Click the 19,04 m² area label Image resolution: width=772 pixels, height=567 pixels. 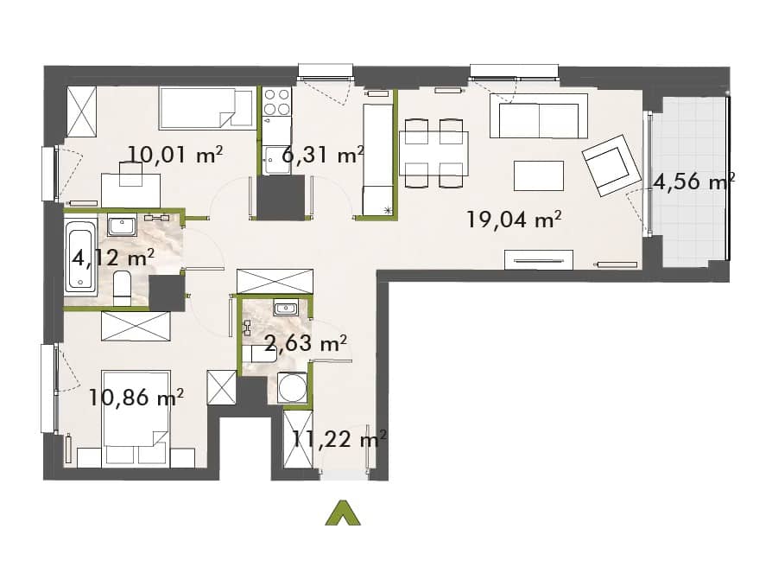(x=514, y=220)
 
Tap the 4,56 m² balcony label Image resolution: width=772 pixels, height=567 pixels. (x=693, y=182)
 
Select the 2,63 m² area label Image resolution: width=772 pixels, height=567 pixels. (x=306, y=343)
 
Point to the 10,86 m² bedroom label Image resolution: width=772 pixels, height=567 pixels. (x=136, y=397)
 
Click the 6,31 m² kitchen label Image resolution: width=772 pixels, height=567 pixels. (x=322, y=155)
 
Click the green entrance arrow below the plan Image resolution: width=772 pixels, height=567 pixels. (x=343, y=513)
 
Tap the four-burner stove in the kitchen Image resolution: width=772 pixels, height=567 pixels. (x=276, y=102)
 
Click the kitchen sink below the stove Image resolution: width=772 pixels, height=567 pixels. (x=276, y=161)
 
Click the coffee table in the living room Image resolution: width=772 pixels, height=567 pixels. (x=539, y=175)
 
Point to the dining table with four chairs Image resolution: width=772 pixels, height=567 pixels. (x=433, y=154)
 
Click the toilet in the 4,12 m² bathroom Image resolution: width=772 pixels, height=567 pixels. (x=122, y=290)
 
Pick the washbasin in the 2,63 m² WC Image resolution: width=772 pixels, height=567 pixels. (x=285, y=309)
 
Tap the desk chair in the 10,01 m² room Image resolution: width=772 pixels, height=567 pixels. (x=131, y=174)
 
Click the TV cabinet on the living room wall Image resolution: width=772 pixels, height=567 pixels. (x=539, y=259)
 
